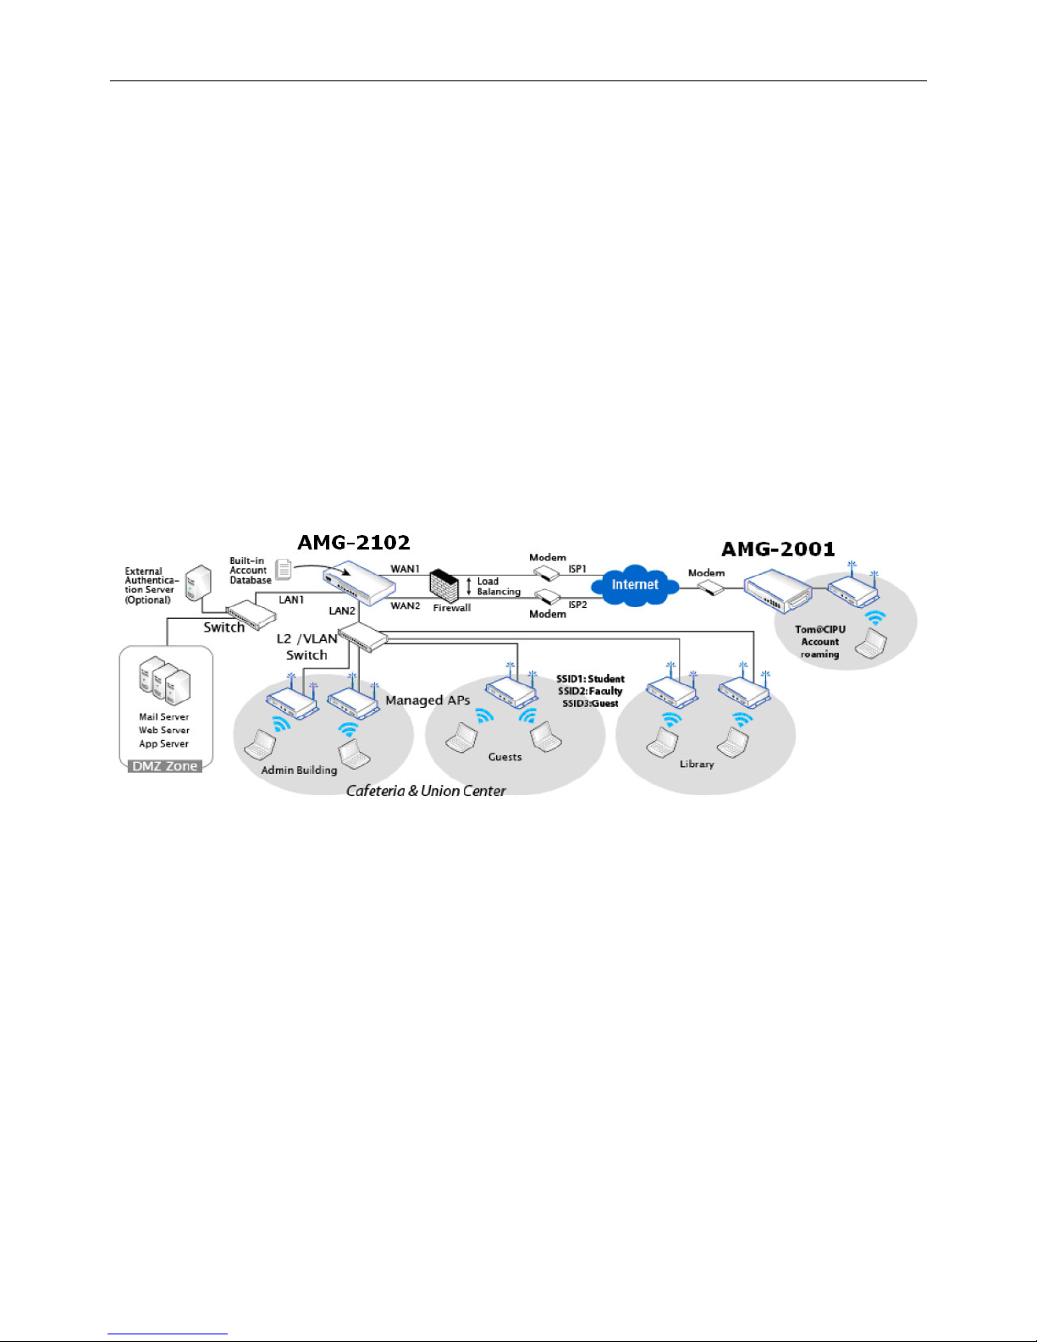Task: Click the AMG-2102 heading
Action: [354, 543]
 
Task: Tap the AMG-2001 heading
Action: [778, 550]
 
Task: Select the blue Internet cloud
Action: [635, 585]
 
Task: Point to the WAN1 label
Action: [405, 569]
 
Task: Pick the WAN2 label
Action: [405, 605]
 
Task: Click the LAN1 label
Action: [291, 599]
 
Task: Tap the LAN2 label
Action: [342, 610]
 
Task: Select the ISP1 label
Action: [577, 569]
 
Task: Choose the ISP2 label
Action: [577, 605]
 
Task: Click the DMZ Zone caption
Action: [165, 766]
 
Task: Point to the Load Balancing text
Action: [498, 587]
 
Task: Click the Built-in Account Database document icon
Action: [284, 570]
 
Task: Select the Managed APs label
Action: [427, 700]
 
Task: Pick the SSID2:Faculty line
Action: [590, 691]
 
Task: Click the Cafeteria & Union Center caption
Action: [426, 791]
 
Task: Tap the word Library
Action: [697, 764]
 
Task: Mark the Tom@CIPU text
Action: [819, 629]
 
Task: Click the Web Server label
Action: [164, 730]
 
